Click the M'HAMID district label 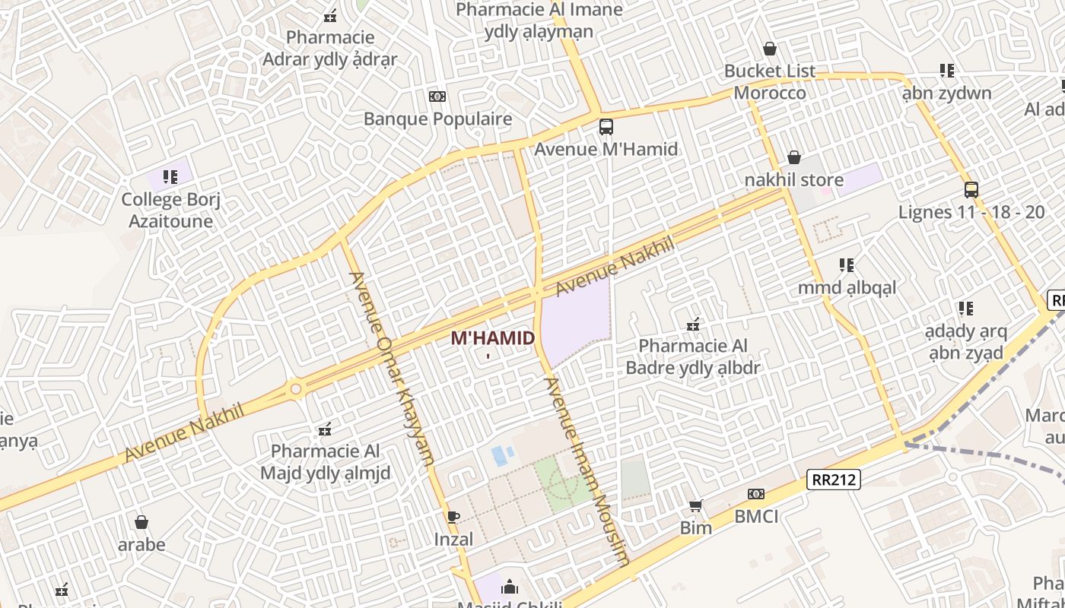[493, 338]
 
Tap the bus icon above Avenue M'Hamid [606, 127]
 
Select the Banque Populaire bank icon [437, 97]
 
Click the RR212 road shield [833, 480]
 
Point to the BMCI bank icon [756, 494]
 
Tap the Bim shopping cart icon [695, 505]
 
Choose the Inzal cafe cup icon [453, 517]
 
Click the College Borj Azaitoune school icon [170, 177]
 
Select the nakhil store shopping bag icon [794, 157]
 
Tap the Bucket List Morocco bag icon [770, 49]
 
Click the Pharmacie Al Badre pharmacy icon [693, 325]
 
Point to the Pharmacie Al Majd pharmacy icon [326, 429]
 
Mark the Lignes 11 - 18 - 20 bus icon [971, 189]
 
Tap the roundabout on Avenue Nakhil [296, 389]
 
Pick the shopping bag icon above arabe [141, 522]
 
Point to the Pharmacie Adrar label [330, 48]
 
